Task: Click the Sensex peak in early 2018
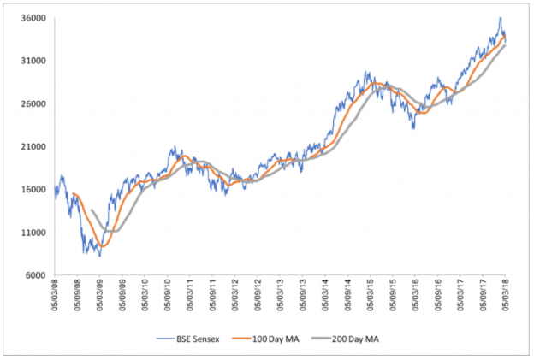(x=500, y=18)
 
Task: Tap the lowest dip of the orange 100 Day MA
(x=103, y=246)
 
